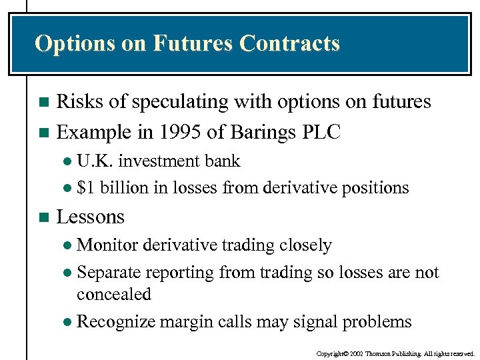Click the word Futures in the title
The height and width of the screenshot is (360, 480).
coord(193,43)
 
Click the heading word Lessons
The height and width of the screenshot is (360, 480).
coord(91,217)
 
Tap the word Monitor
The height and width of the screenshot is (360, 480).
coord(106,245)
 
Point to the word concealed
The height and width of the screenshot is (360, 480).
coord(113,294)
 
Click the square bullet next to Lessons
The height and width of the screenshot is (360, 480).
coord(44,217)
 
